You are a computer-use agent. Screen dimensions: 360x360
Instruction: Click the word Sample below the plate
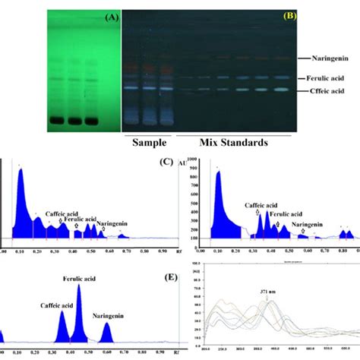pyautogui.click(x=150, y=142)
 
